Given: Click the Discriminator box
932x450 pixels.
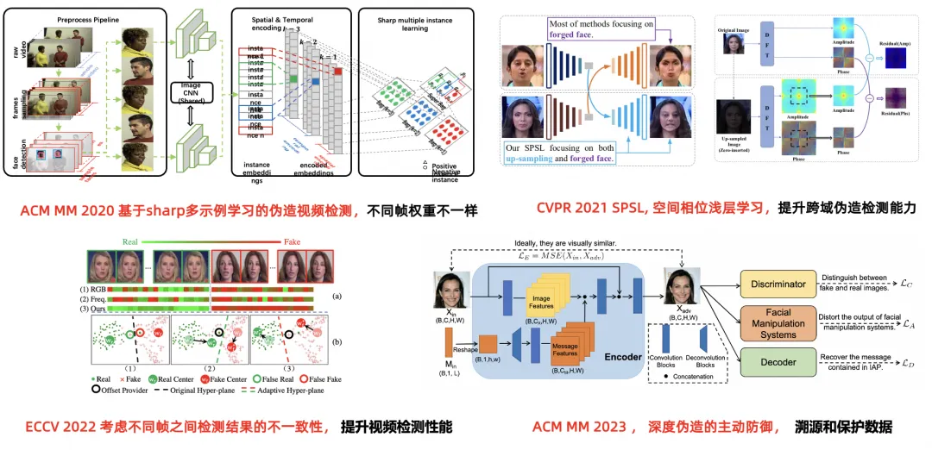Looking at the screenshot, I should point(779,284).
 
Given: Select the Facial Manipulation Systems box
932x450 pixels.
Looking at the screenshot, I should point(779,322).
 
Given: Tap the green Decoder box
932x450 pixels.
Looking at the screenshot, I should point(779,363).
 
